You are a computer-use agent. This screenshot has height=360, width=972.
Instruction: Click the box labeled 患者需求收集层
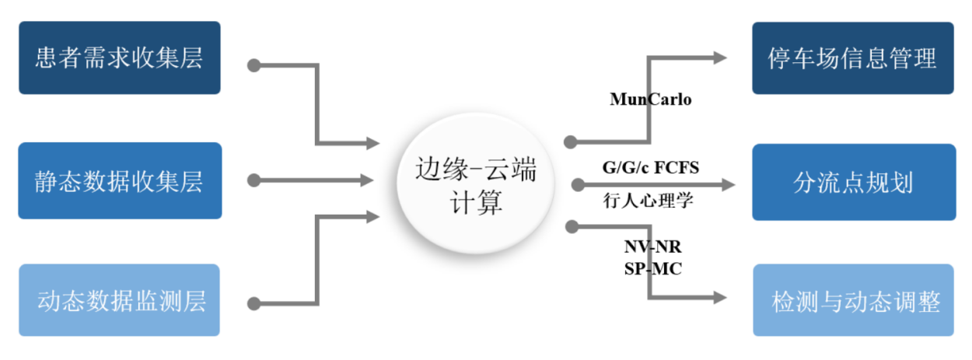(119, 58)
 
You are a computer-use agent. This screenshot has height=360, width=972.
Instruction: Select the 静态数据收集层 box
(119, 180)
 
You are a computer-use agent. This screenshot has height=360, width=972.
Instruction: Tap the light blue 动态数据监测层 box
(119, 301)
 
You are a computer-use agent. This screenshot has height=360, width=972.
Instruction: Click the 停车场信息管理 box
(852, 58)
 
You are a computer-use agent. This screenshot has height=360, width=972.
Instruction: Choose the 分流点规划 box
(853, 182)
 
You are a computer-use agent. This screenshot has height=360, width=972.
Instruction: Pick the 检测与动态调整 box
(853, 301)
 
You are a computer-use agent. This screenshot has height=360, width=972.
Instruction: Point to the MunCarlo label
(651, 100)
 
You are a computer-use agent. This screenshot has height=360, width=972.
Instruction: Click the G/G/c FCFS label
(651, 167)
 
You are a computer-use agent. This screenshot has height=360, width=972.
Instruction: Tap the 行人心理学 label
(648, 200)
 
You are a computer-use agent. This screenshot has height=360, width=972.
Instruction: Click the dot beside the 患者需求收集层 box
(253, 65)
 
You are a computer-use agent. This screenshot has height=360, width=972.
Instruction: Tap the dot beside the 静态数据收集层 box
(253, 180)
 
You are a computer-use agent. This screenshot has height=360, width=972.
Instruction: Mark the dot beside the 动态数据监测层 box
(253, 302)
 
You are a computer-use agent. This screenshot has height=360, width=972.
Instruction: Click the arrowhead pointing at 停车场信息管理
(719, 58)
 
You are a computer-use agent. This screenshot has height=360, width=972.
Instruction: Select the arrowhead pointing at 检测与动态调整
(719, 298)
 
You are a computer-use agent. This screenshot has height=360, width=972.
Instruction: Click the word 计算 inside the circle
(476, 204)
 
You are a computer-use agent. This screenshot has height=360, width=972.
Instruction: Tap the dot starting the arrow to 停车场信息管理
(570, 142)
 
